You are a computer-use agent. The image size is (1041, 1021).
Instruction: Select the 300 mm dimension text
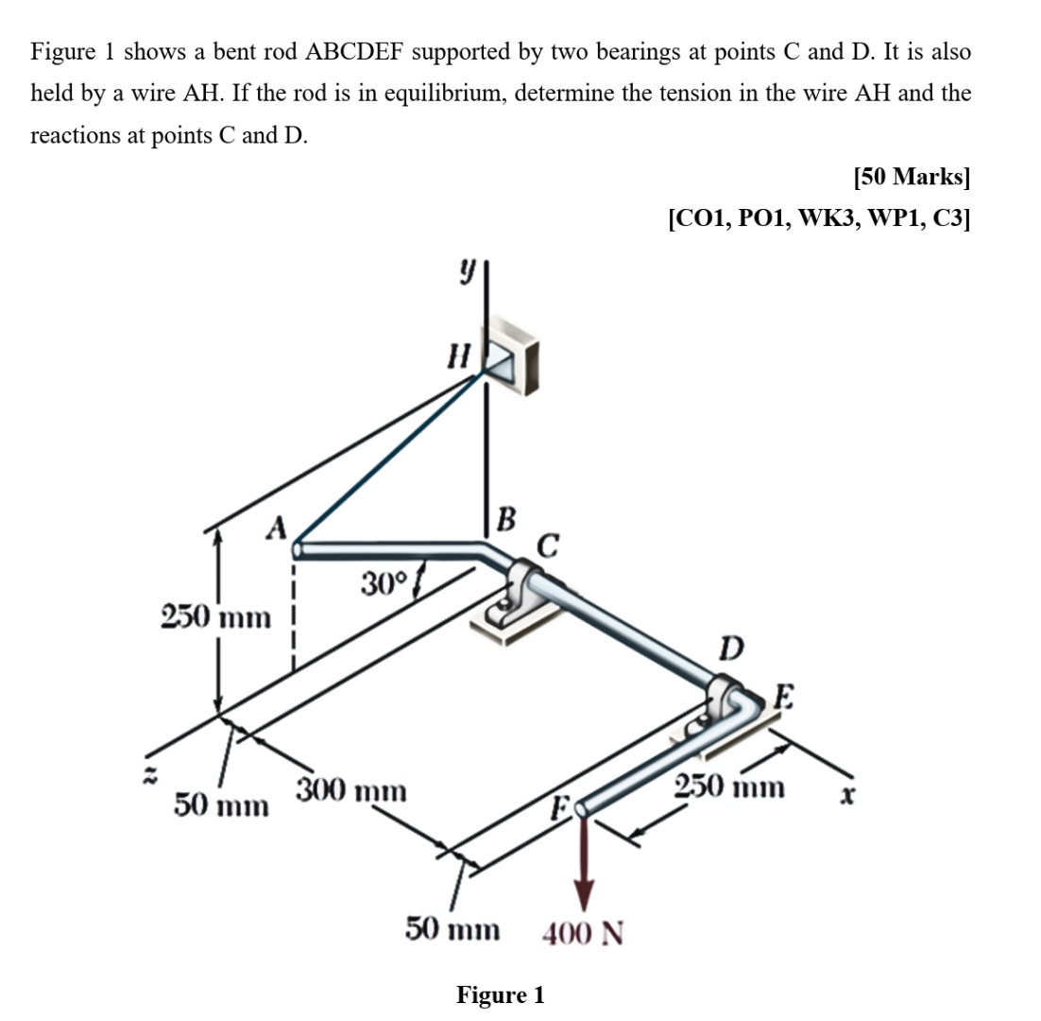click(352, 789)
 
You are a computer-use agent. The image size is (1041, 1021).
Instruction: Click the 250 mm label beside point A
click(215, 619)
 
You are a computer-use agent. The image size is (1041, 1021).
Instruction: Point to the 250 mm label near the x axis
click(730, 787)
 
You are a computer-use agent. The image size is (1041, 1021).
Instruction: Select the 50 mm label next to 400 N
click(452, 930)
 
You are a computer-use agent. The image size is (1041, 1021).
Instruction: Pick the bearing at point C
click(518, 595)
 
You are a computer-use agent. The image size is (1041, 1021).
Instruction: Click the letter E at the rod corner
click(782, 699)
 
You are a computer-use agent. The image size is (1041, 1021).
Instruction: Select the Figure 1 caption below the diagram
click(501, 995)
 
